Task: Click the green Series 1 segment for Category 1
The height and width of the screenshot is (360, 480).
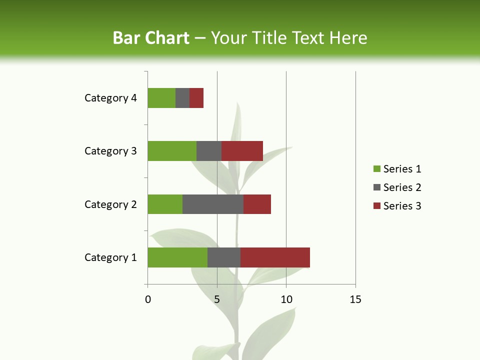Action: tap(177, 257)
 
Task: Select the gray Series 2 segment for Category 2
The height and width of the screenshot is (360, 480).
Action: tap(213, 204)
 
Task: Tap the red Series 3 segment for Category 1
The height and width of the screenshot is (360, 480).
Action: tap(275, 257)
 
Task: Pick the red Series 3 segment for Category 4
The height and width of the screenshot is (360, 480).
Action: tap(196, 98)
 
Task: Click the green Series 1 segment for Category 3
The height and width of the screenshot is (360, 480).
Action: tap(172, 151)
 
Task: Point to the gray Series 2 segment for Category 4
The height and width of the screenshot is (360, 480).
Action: tap(182, 98)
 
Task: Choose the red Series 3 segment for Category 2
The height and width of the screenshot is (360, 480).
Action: tap(257, 204)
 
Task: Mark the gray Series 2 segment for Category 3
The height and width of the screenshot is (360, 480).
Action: tap(209, 151)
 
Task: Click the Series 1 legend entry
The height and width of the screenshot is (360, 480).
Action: tap(397, 169)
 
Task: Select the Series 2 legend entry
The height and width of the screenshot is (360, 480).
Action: tap(397, 187)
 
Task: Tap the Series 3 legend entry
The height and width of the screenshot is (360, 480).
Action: tap(397, 206)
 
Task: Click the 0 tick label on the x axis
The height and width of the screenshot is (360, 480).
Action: tap(148, 300)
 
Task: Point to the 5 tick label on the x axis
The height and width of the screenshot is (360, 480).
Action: tap(217, 300)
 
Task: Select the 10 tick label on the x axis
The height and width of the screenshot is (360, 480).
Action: tap(286, 300)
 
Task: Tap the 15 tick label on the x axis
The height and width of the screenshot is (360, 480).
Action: tap(355, 300)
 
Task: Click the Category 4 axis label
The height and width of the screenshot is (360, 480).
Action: tap(110, 98)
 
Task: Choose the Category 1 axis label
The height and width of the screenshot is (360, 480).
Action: tap(110, 257)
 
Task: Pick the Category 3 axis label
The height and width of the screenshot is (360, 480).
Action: tap(110, 151)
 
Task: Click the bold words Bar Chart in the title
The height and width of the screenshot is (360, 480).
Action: tap(151, 38)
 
